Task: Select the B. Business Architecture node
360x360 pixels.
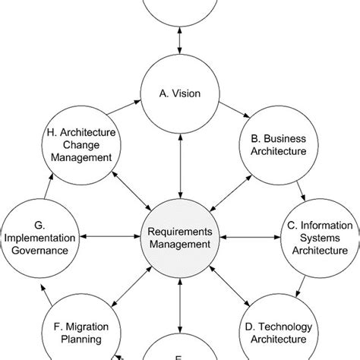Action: point(275,144)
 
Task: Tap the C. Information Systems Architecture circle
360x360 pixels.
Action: point(317,238)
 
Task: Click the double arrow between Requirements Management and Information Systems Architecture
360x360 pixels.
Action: point(249,238)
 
